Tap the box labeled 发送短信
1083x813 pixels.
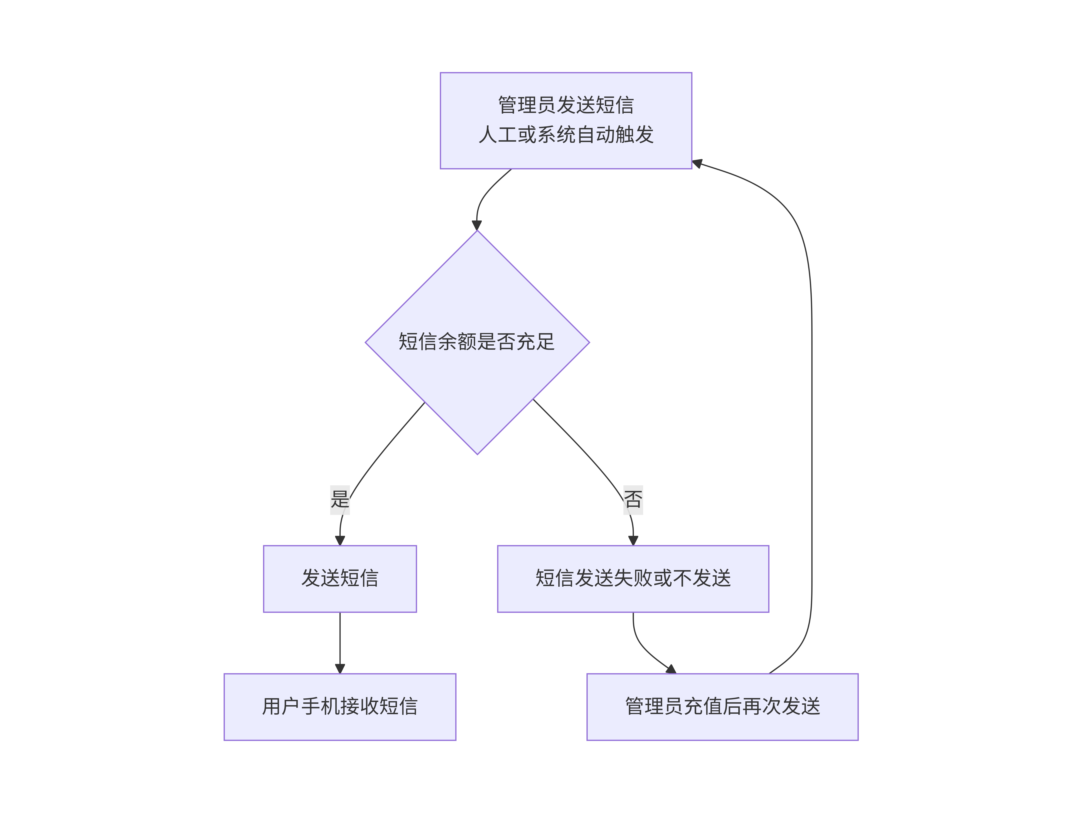[340, 579]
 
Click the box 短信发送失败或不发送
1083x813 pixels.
[633, 579]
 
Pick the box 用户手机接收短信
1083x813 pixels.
[340, 707]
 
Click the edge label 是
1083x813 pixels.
[340, 500]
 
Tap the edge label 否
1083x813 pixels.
[633, 500]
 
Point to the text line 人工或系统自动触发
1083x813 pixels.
[566, 135]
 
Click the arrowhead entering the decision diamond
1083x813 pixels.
[477, 225]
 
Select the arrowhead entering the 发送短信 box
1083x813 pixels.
[340, 540]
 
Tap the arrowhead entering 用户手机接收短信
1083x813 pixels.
[340, 669]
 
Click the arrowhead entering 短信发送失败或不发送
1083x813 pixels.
[633, 540]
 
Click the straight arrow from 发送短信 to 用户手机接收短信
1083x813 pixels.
[340, 643]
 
